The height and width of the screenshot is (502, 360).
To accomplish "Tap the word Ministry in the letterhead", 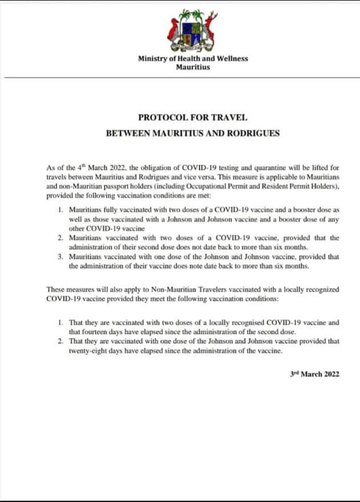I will [x=152, y=59].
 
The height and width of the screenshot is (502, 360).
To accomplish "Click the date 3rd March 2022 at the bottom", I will [x=315, y=374].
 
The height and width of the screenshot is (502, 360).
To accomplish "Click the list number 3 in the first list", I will [x=60, y=257].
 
